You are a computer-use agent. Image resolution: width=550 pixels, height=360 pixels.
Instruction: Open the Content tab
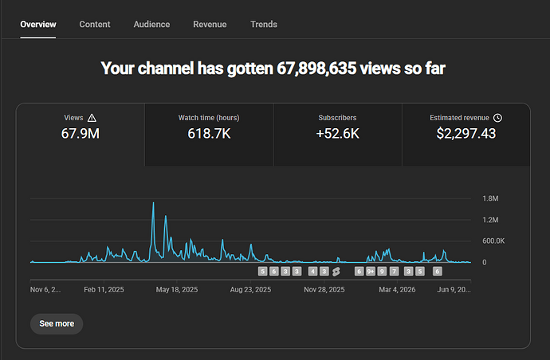[95, 24]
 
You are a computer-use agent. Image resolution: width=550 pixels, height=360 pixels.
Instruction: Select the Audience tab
[151, 24]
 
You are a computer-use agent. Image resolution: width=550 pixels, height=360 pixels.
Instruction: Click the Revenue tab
[210, 24]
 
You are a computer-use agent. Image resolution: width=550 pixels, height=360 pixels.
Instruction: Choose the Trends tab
[264, 24]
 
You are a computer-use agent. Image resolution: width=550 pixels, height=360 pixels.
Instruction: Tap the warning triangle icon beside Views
[92, 118]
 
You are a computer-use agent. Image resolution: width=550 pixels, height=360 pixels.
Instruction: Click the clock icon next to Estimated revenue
[497, 118]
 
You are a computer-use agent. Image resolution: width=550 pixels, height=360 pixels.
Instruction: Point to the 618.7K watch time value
[209, 134]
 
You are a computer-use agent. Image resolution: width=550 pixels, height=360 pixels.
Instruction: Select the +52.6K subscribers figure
[337, 134]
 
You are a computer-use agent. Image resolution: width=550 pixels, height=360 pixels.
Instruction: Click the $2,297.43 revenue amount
[466, 134]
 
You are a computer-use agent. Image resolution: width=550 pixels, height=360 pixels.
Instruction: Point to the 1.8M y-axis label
[490, 198]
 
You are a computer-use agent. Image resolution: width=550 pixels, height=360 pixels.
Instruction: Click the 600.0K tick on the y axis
[493, 241]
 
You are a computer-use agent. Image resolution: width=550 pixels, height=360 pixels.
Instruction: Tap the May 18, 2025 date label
[177, 290]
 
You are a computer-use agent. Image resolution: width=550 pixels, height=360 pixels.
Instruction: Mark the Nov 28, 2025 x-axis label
[324, 290]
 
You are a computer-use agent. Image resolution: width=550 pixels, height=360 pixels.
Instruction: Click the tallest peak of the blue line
[153, 202]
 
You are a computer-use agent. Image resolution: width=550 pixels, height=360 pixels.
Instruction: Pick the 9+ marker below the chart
[371, 272]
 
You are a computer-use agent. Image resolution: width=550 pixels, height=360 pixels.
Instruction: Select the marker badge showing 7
[394, 272]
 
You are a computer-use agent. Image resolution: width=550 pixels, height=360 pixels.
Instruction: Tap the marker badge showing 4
[313, 272]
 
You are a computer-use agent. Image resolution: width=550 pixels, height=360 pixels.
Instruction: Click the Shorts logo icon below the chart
[336, 272]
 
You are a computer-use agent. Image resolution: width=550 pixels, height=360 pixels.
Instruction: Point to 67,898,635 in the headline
[316, 68]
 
